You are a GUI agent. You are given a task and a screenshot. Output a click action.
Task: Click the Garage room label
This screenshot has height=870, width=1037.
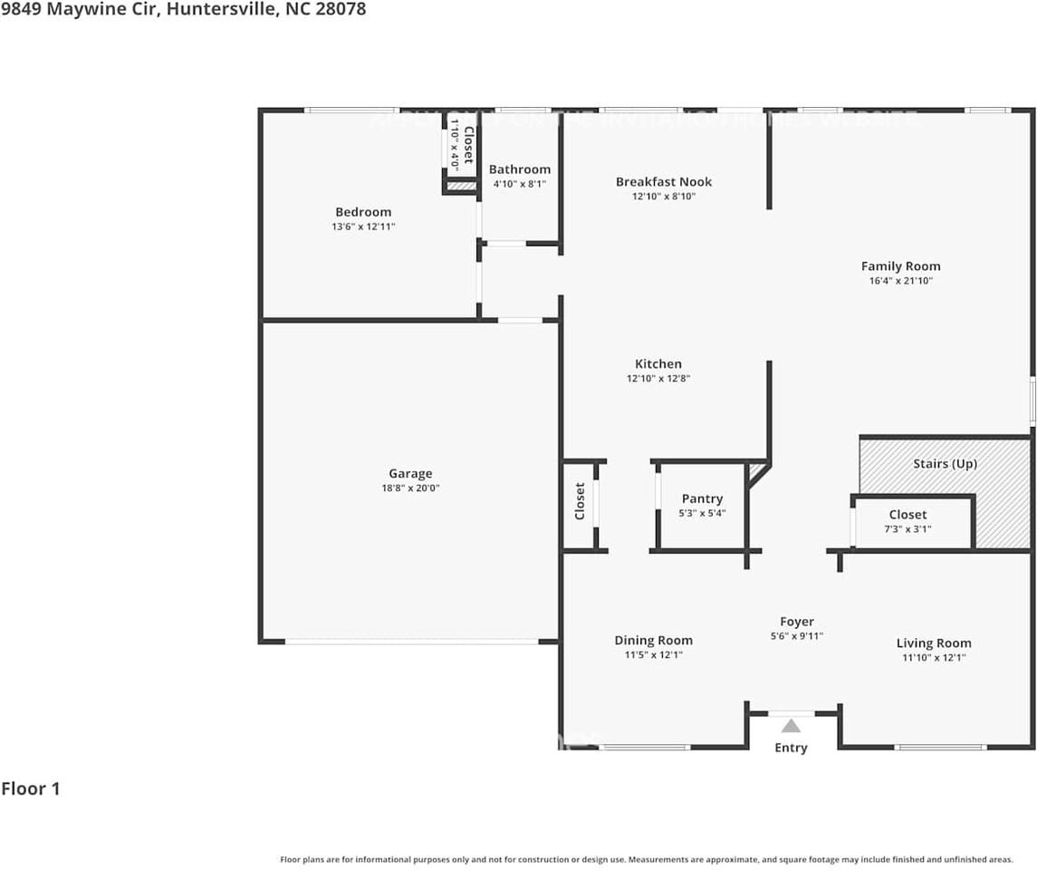point(410,473)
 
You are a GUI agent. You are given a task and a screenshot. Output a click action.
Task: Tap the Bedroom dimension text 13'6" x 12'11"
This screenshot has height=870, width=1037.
point(363,227)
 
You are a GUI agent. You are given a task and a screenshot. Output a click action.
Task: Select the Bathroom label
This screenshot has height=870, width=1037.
point(519,169)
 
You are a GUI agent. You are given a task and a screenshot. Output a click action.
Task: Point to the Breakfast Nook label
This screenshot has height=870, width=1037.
point(663,182)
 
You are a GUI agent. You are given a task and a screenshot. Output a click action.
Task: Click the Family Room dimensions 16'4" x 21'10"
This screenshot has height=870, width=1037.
point(900,281)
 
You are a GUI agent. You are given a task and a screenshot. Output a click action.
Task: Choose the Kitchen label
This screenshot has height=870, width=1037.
point(658,364)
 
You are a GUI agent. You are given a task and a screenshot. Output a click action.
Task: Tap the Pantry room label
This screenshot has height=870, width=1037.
point(702,498)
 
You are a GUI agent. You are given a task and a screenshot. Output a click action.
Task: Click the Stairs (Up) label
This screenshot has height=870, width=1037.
point(945,463)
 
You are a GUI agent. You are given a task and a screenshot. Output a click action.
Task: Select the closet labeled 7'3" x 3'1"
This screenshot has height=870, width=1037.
point(907,521)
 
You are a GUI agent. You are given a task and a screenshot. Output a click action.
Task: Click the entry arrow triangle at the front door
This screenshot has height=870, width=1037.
point(791,725)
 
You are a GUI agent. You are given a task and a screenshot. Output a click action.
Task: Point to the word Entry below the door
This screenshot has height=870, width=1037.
point(791,748)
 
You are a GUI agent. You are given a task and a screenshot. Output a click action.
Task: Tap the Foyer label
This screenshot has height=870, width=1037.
point(797,622)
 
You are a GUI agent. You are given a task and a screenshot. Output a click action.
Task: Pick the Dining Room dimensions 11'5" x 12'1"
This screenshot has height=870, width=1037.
point(653,654)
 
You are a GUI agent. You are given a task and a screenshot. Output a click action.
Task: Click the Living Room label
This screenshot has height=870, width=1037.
point(934,643)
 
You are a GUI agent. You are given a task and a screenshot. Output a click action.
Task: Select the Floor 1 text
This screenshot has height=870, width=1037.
point(31,788)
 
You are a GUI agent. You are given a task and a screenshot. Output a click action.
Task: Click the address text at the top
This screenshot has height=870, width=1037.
point(183,10)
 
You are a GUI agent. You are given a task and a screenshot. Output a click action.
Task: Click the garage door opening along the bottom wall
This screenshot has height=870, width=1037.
point(412,642)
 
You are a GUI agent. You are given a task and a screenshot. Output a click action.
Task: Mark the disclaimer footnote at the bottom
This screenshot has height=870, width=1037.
point(646,859)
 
